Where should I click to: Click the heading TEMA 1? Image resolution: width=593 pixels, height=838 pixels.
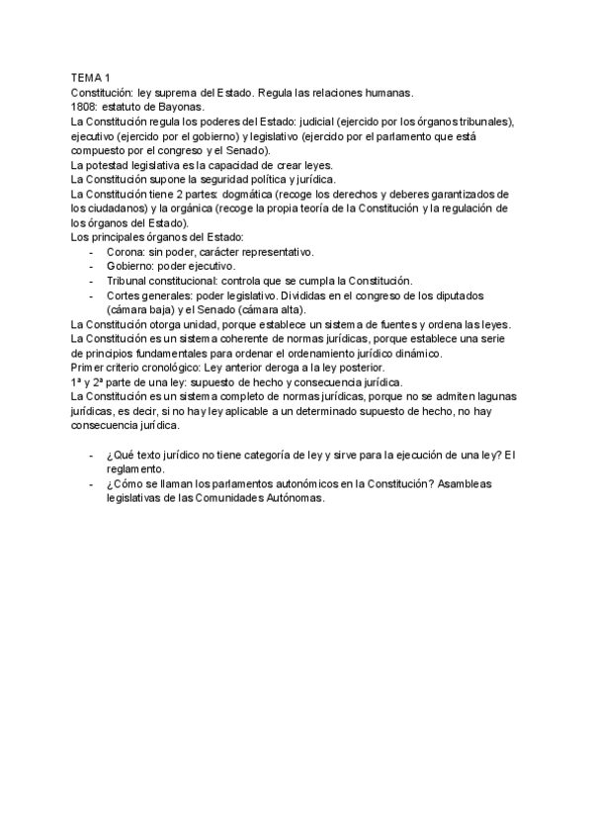click(91, 77)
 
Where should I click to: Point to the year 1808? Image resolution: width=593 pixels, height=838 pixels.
click(83, 106)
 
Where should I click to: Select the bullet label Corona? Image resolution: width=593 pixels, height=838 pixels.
click(125, 252)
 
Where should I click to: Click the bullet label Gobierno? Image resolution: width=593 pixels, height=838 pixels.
click(129, 267)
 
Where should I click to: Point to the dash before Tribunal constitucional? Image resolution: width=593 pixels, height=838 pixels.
click(92, 282)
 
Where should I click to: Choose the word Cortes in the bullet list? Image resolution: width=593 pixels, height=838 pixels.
click(124, 296)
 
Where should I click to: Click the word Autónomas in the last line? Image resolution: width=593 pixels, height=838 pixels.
click(290, 499)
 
